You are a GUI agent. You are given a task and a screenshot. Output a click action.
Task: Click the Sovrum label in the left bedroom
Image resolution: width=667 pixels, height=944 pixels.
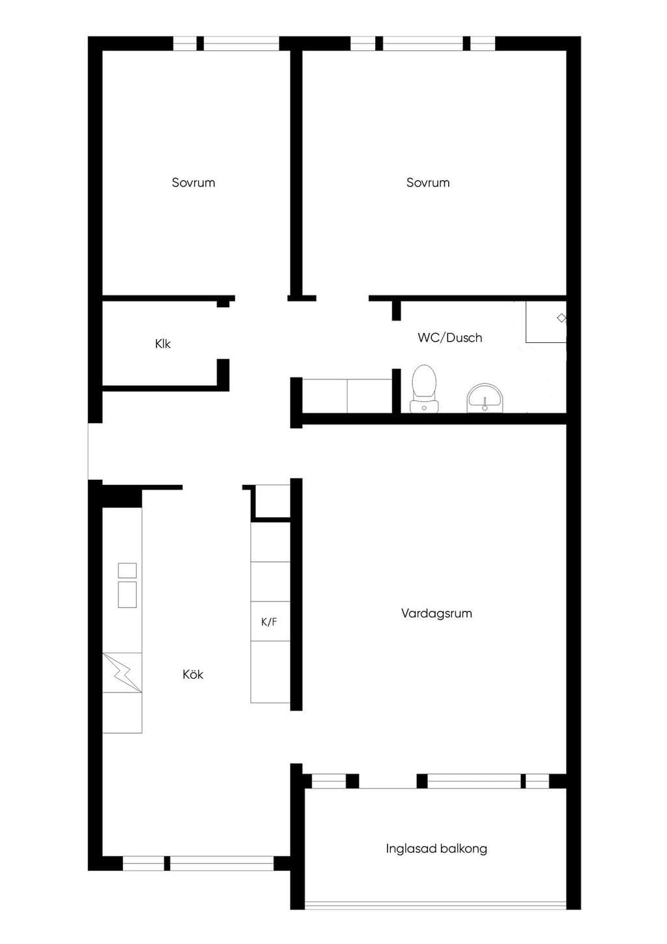click(193, 183)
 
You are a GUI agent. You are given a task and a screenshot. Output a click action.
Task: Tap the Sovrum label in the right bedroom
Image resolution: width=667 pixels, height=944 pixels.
click(428, 183)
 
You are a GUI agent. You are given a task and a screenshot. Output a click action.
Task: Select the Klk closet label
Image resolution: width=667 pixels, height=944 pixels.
click(163, 344)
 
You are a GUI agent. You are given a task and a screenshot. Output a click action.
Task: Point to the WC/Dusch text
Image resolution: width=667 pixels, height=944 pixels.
click(449, 338)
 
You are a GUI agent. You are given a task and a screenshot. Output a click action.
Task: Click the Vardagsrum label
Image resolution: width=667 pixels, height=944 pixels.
click(436, 613)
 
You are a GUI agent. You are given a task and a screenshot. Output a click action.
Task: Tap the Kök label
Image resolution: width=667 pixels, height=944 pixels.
click(193, 674)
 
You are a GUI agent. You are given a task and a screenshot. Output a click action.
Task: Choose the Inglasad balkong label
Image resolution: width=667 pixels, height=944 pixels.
click(436, 848)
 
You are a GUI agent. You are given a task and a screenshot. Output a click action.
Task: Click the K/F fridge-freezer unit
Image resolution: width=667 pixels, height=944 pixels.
click(270, 621)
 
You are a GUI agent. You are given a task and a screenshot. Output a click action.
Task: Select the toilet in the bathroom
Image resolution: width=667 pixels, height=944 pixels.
click(424, 389)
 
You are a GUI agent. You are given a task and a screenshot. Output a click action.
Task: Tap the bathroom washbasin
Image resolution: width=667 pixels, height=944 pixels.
click(485, 398)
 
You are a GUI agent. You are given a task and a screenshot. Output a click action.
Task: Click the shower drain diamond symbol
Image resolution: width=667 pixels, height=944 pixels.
click(561, 318)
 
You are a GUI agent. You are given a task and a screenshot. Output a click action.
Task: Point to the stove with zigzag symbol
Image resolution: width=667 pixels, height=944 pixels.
click(122, 673)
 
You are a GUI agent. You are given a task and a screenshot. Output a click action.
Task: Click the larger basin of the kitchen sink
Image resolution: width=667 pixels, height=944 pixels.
click(127, 595)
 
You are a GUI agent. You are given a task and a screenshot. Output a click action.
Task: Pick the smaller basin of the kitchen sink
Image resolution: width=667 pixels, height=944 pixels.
click(127, 570)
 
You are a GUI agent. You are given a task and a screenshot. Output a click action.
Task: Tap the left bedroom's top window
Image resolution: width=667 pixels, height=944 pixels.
click(227, 44)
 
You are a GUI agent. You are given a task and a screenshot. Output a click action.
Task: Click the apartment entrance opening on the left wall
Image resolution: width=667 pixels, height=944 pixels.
click(94, 451)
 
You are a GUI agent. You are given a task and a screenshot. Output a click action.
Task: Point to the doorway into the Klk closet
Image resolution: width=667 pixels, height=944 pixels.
click(223, 333)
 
